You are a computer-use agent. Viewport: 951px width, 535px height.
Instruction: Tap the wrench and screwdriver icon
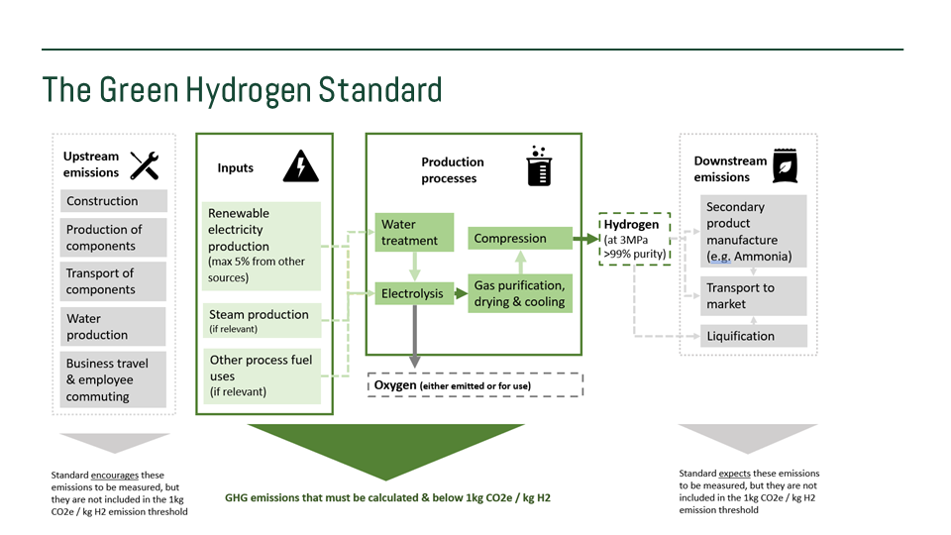click(145, 164)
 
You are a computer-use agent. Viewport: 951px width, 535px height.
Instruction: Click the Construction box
click(113, 201)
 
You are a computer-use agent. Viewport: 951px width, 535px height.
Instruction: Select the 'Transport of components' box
click(113, 281)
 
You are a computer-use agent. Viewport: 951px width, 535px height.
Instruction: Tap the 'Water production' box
click(113, 327)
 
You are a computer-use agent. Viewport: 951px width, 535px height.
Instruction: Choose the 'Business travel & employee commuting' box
click(113, 379)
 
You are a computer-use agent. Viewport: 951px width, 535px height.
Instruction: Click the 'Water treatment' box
click(414, 233)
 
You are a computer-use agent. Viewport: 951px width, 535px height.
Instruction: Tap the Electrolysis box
click(414, 293)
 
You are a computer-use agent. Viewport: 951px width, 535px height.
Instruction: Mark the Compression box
click(520, 239)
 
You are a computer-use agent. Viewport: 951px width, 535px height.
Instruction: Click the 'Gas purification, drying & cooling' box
click(520, 293)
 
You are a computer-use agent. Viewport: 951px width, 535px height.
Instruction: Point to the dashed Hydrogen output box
click(635, 240)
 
